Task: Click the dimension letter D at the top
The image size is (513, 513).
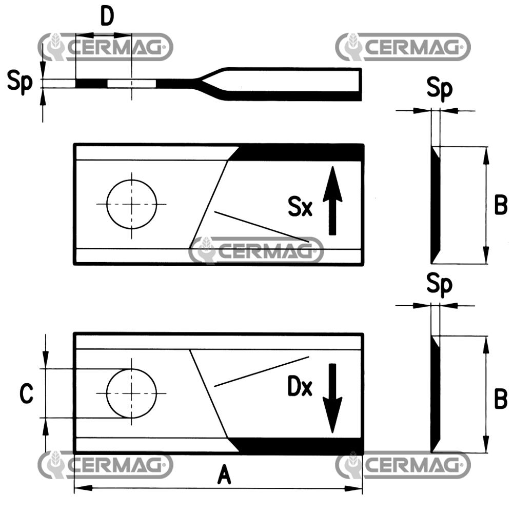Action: click(106, 17)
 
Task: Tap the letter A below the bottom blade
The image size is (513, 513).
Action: click(224, 476)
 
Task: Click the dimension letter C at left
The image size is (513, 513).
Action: click(26, 394)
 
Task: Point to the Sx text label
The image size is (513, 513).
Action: click(300, 208)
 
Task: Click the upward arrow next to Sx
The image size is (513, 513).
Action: click(332, 200)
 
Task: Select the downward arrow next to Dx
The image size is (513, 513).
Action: click(332, 398)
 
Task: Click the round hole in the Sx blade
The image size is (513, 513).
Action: click(131, 204)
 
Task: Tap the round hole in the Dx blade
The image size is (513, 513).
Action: click(131, 393)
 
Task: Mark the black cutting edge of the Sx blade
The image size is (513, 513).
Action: click(298, 153)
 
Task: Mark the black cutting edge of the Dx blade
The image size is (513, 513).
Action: click(300, 446)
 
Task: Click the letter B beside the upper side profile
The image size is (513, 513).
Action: click(500, 205)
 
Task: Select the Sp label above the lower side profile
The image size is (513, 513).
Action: click(440, 286)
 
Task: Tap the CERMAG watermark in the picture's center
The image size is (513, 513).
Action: click(256, 251)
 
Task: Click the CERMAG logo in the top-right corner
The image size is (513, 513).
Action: click(403, 47)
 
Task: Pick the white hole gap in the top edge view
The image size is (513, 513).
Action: click(131, 83)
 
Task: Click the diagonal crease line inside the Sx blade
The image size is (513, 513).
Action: click(262, 226)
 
